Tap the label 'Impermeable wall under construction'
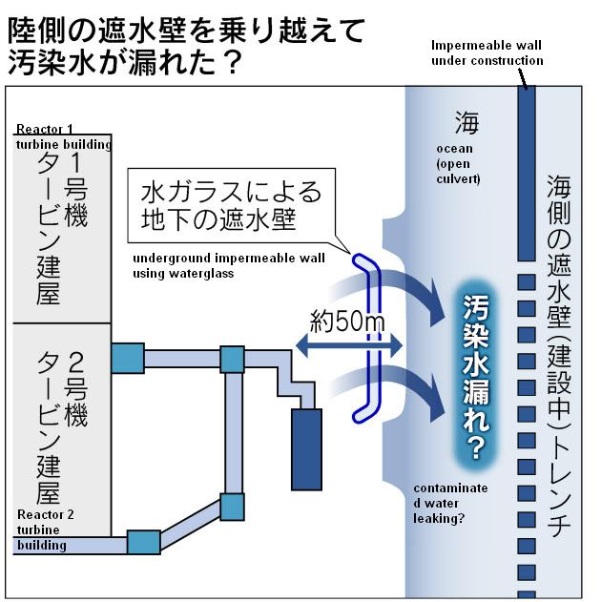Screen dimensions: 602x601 (487, 52)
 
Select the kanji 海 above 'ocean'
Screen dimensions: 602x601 (466, 122)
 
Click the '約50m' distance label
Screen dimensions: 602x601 (348, 322)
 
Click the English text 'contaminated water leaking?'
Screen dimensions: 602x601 (450, 503)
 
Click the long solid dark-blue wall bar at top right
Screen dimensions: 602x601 (525, 173)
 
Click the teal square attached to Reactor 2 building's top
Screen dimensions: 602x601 (127, 358)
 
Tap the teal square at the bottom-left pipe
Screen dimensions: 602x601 (143, 542)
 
